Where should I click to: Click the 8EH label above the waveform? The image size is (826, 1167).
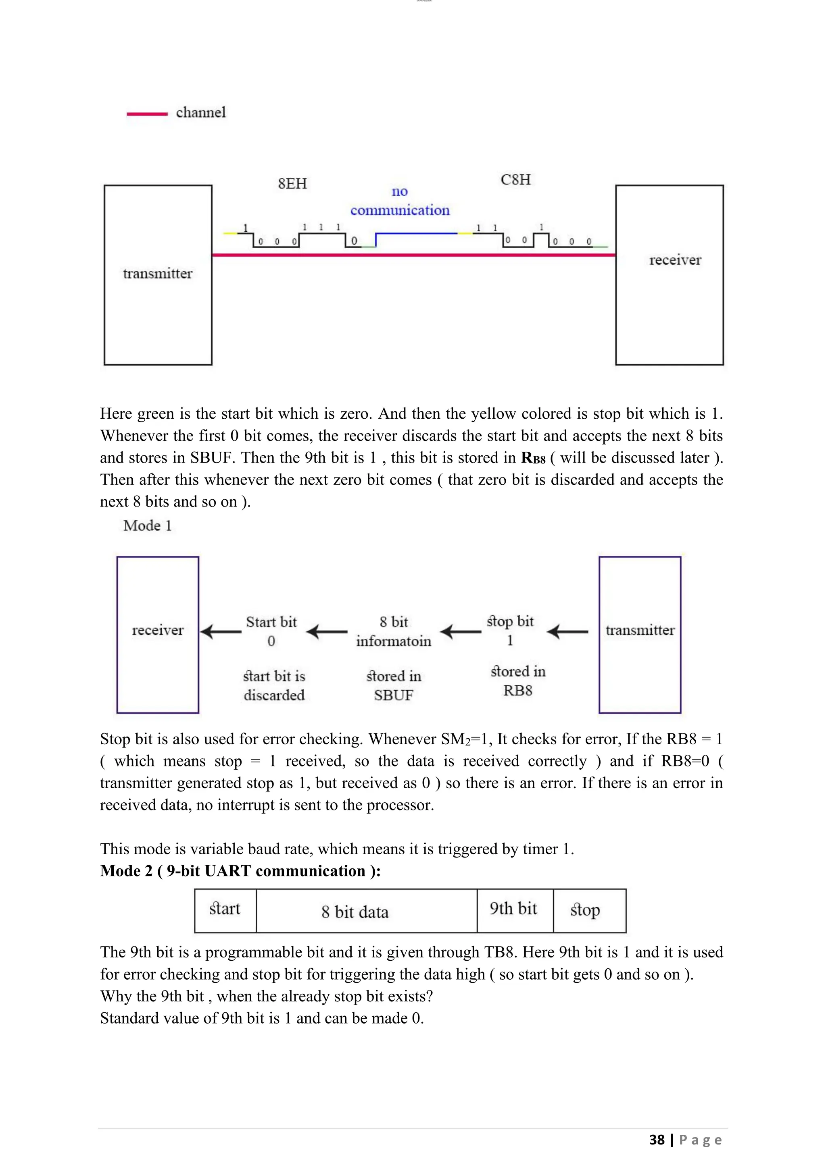(292, 183)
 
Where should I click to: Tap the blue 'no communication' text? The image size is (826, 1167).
(400, 201)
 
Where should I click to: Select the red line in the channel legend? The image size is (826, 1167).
(147, 114)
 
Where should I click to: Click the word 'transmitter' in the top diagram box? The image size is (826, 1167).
(158, 274)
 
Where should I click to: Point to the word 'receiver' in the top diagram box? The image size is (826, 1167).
(675, 260)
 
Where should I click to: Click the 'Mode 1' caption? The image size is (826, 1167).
(148, 525)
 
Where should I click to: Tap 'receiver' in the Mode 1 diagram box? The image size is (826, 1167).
(158, 630)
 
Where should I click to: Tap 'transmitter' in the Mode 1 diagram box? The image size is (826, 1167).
(640, 630)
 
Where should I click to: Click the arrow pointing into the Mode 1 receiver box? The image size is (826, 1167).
(221, 632)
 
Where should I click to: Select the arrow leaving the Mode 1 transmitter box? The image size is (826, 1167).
(567, 632)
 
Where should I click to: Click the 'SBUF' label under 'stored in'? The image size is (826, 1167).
(394, 695)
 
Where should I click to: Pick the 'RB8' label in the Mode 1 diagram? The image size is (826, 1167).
(518, 690)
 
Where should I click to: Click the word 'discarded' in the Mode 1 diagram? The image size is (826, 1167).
(274, 695)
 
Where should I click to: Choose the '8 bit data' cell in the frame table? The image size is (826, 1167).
(355, 912)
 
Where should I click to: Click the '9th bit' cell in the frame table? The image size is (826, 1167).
(514, 908)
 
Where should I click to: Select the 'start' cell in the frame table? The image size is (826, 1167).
(225, 908)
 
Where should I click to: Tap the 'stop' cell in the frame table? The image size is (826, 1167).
(586, 910)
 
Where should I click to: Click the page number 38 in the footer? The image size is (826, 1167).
(657, 1140)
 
